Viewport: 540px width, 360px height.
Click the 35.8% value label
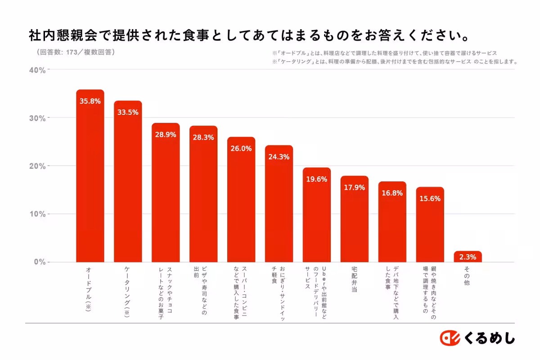(x=90, y=101)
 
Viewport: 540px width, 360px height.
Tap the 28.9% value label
(x=166, y=135)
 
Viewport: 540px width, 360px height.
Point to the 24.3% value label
(x=279, y=157)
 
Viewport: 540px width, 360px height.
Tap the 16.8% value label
(x=392, y=193)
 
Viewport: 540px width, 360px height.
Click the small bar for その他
(x=468, y=257)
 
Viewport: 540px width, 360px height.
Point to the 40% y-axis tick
(x=37, y=70)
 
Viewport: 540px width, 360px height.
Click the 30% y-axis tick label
(x=37, y=118)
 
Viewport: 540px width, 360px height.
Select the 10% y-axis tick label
(x=37, y=214)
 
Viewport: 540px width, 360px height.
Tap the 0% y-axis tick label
(x=40, y=262)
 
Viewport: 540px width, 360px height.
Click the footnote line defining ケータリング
(x=394, y=62)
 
